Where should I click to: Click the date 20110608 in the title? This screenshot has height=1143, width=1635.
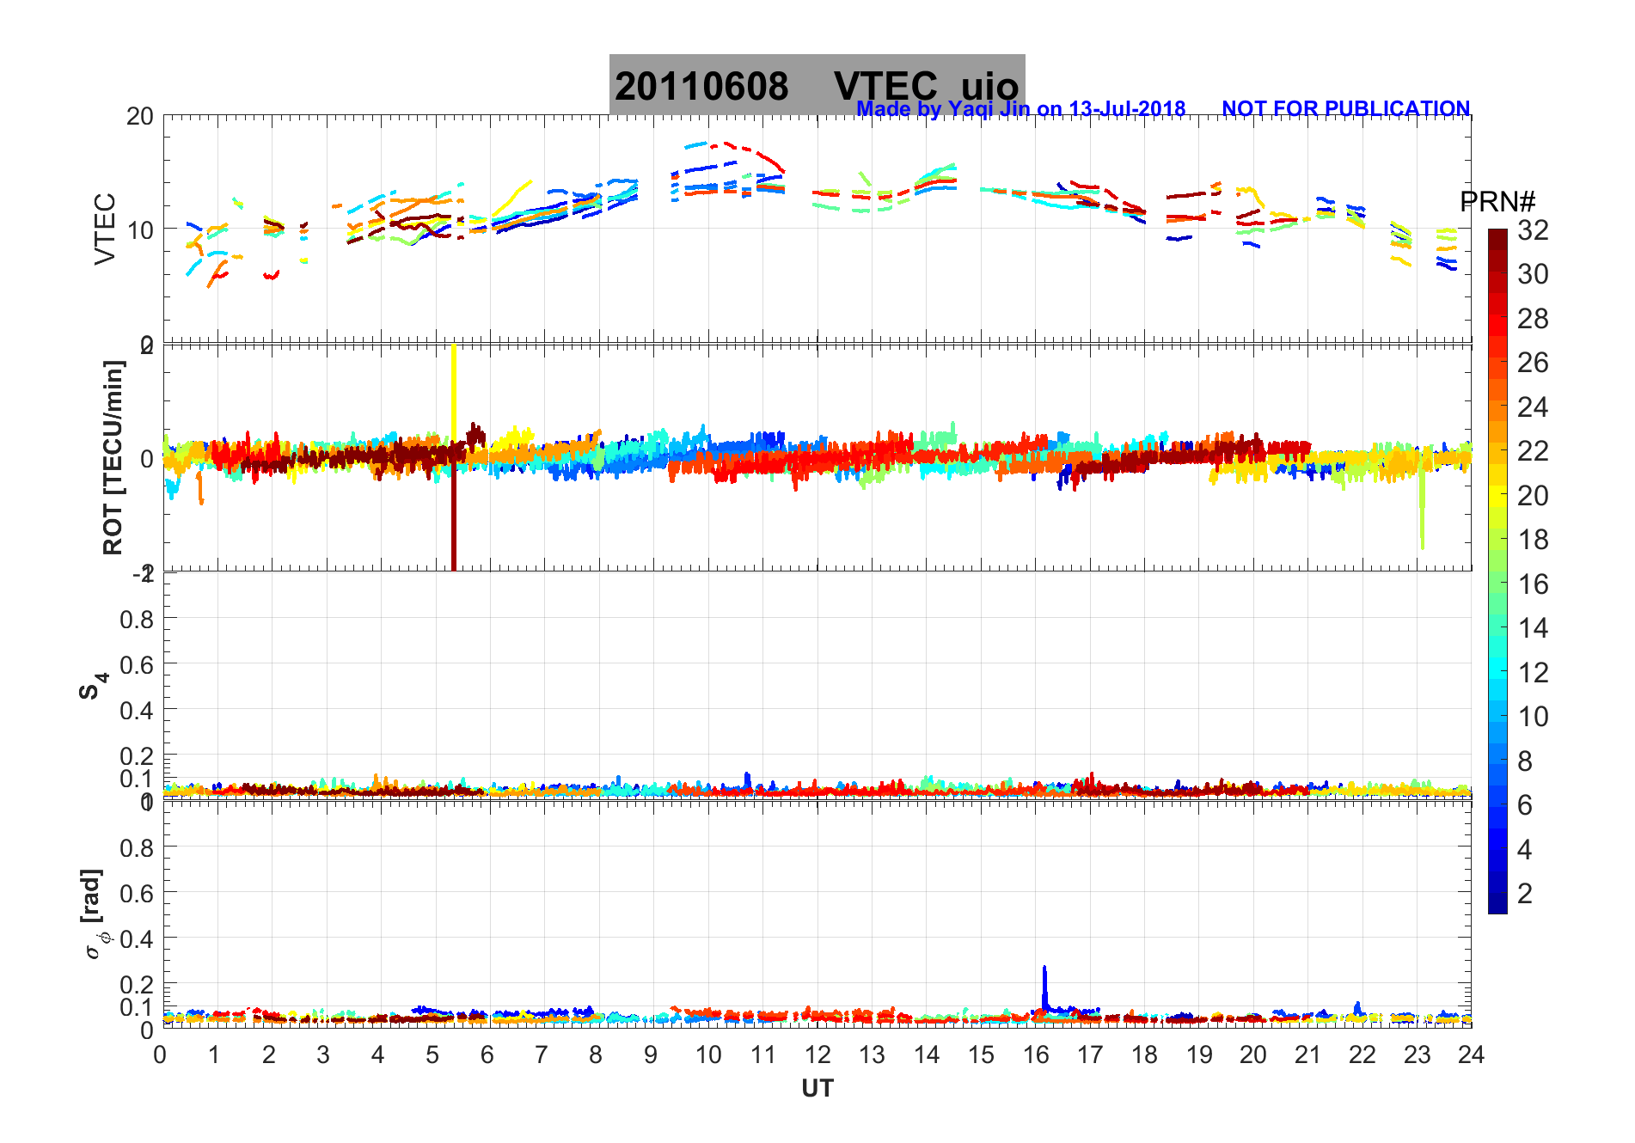pyautogui.click(x=701, y=87)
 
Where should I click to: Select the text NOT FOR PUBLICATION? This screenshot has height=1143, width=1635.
pyautogui.click(x=1345, y=109)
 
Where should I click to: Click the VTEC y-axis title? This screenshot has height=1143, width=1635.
pyautogui.click(x=104, y=229)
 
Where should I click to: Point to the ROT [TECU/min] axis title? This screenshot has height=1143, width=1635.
pyautogui.click(x=113, y=457)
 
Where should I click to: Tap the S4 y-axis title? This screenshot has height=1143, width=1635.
pyautogui.click(x=93, y=686)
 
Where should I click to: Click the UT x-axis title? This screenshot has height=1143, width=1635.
pyautogui.click(x=817, y=1089)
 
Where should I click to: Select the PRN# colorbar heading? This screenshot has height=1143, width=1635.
pyautogui.click(x=1497, y=203)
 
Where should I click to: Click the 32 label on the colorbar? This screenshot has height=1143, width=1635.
pyautogui.click(x=1532, y=230)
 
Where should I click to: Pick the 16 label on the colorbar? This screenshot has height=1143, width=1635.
pyautogui.click(x=1532, y=584)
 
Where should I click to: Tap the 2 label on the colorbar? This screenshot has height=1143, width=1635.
pyautogui.click(x=1524, y=894)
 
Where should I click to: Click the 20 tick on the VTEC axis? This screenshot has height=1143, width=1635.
pyautogui.click(x=140, y=117)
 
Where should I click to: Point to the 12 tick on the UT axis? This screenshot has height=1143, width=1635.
pyautogui.click(x=817, y=1054)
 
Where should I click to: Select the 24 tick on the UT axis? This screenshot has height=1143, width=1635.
pyautogui.click(x=1471, y=1054)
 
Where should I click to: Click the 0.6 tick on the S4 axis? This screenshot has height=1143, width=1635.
pyautogui.click(x=137, y=664)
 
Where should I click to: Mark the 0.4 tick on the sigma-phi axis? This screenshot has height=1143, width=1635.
pyautogui.click(x=137, y=938)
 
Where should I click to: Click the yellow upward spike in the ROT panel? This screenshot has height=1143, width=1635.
pyautogui.click(x=454, y=387)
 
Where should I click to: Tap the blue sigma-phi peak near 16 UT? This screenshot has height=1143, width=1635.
pyautogui.click(x=1044, y=980)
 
